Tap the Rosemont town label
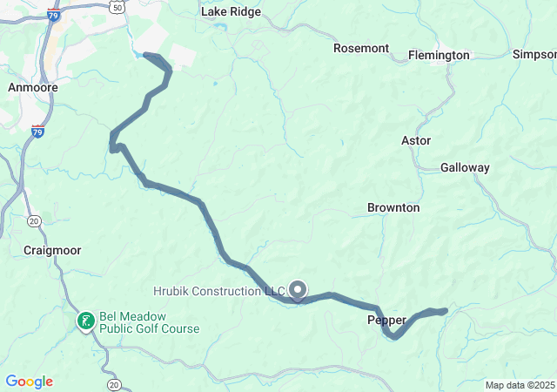[361, 48]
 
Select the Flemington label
[440, 55]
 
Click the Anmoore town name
[32, 88]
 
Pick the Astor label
[416, 140]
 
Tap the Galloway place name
[465, 167]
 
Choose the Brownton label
[393, 208]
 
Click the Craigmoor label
[52, 250]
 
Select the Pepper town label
[386, 321]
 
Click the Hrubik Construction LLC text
[219, 290]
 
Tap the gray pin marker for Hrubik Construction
[299, 289]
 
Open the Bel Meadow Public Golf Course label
[149, 322]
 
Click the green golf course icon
[86, 321]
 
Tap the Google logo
[29, 382]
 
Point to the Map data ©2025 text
[520, 385]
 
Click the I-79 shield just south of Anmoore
[37, 132]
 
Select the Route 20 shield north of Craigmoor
[34, 221]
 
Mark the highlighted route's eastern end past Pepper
[445, 310]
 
